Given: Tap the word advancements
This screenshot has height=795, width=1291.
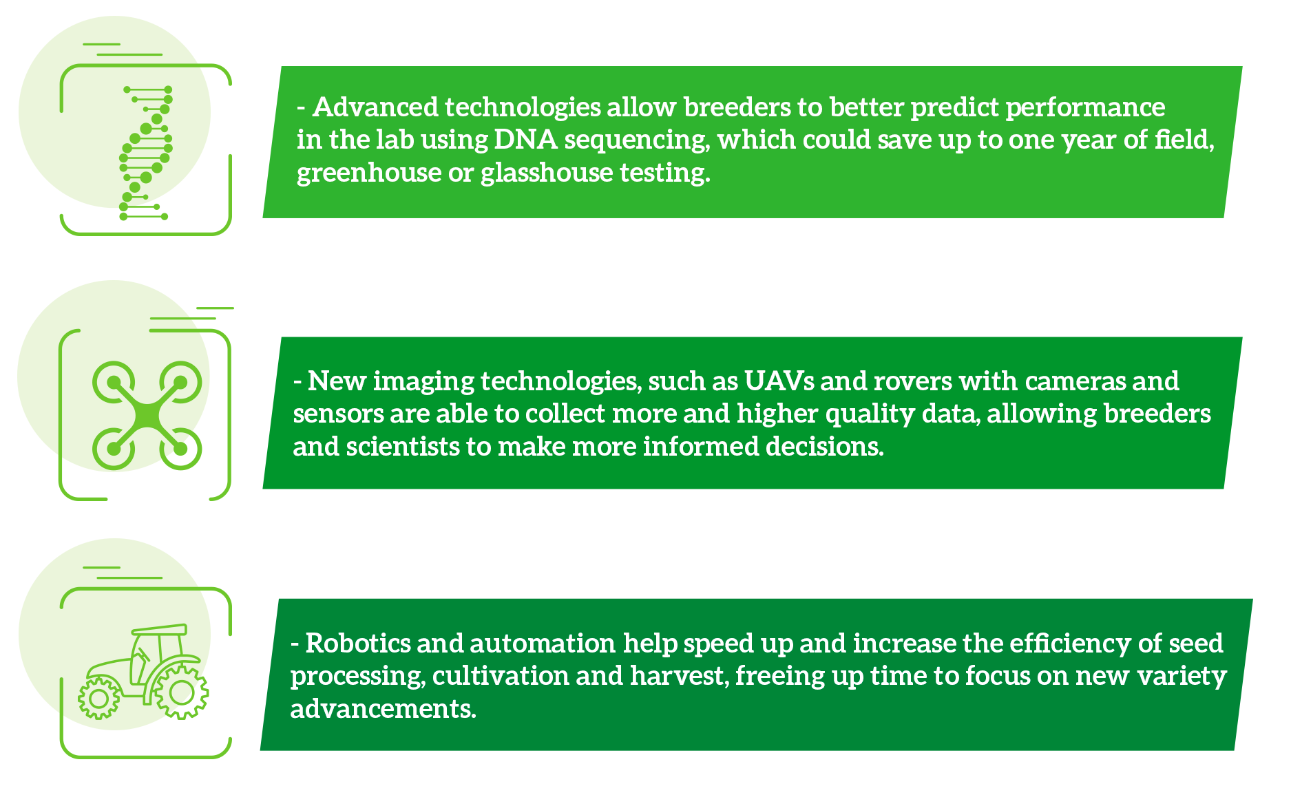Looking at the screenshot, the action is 383,709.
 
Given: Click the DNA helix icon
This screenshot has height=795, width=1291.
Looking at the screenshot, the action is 145,153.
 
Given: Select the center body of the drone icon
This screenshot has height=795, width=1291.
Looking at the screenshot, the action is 147,415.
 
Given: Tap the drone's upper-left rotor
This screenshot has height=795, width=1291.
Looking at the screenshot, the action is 114,382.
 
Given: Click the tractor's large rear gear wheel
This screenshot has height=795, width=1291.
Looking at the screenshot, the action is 181,692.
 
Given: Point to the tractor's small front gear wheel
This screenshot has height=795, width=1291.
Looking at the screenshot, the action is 98,699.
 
